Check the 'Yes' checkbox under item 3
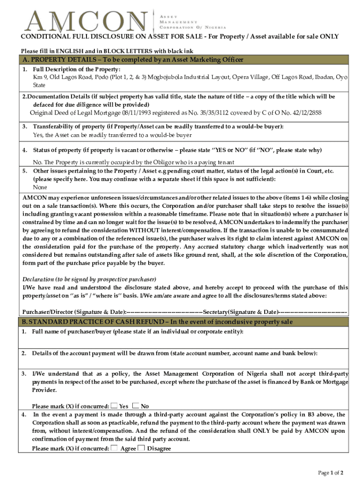(x=115, y=406)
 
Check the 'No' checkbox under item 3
(x=136, y=406)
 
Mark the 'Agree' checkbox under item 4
(x=115, y=448)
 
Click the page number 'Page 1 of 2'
(x=331, y=473)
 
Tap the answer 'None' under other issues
(x=40, y=187)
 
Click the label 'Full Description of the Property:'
(x=70, y=69)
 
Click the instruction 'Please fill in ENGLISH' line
(x=107, y=51)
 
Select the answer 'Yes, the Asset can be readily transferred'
(x=112, y=135)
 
